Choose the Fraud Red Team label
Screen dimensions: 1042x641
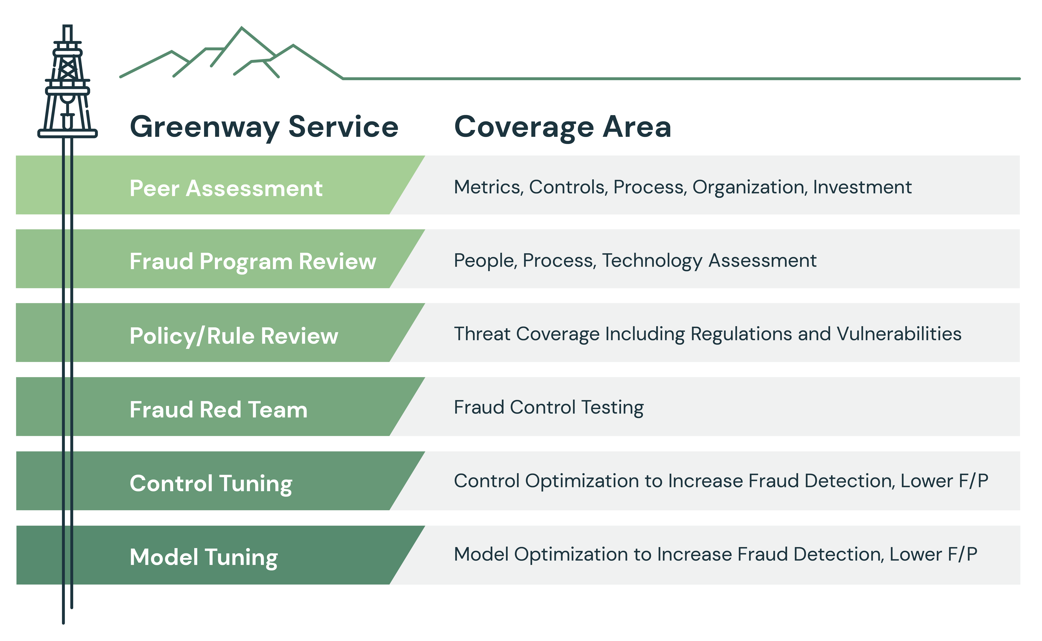pyautogui.click(x=219, y=410)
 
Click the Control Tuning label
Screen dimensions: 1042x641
pyautogui.click(x=211, y=484)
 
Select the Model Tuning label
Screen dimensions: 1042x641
pyautogui.click(x=204, y=557)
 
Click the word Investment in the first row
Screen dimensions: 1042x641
pyautogui.click(x=862, y=187)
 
